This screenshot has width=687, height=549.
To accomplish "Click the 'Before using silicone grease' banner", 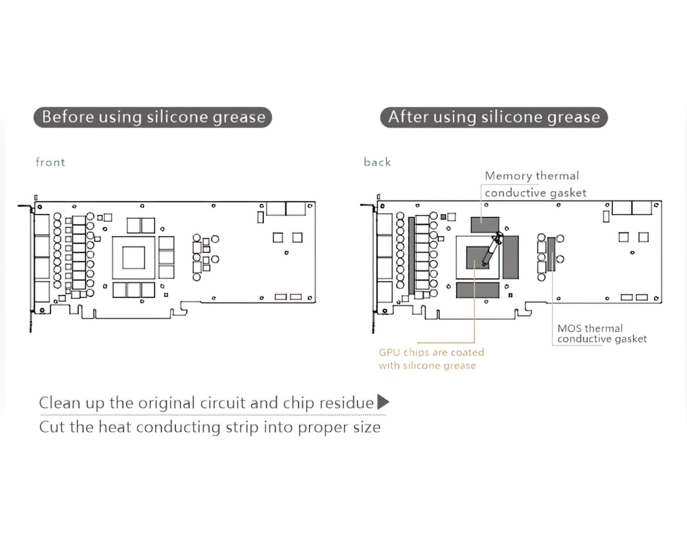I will (x=153, y=117).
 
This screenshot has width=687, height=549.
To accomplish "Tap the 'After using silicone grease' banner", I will (x=494, y=117).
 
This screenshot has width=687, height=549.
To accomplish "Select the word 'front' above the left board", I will (x=50, y=162).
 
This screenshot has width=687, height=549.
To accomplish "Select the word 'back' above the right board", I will (x=377, y=162).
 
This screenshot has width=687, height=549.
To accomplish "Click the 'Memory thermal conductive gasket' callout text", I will (x=532, y=184).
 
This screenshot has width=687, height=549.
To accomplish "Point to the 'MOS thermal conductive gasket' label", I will (x=601, y=334).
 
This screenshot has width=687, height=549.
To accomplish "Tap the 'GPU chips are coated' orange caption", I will (x=431, y=353).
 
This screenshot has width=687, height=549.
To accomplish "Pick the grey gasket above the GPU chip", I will (x=485, y=224).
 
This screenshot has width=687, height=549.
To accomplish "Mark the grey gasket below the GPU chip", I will (x=477, y=290).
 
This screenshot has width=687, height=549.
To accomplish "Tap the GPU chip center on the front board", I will (x=134, y=257).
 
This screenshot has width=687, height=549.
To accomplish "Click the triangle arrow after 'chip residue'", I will (x=383, y=402).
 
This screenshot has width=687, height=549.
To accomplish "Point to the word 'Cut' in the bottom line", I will (x=52, y=427).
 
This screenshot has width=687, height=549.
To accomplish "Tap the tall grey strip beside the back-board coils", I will (x=411, y=256).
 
